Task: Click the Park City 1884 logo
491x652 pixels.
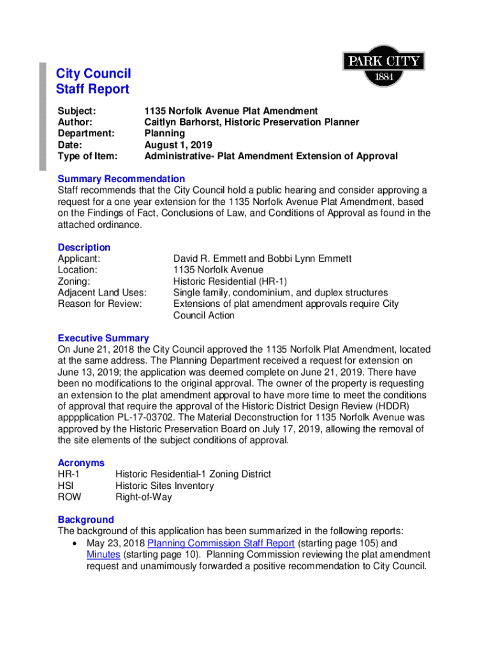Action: (383, 66)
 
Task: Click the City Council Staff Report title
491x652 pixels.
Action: (93, 81)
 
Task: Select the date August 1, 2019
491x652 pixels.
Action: (178, 145)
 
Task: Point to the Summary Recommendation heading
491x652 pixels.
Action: (121, 179)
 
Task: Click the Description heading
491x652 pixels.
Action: (84, 247)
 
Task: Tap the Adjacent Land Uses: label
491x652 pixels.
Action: (102, 293)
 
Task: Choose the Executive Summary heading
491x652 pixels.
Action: (103, 338)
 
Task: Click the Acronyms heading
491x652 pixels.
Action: (81, 463)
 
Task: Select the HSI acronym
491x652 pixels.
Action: (66, 486)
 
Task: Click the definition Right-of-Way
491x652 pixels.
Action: (143, 497)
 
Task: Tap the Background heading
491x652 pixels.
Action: (85, 520)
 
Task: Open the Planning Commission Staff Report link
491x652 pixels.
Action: (221, 543)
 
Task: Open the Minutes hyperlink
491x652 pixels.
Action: (103, 555)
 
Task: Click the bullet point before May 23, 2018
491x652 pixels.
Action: (76, 544)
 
